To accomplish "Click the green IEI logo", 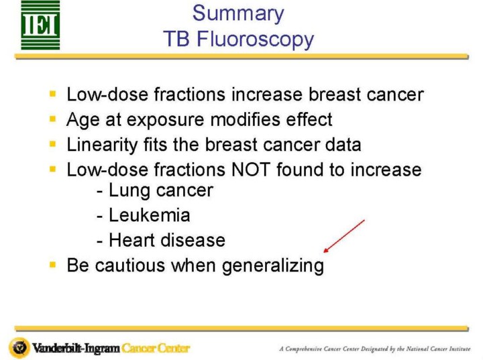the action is point(40,25).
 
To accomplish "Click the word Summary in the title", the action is point(238,14).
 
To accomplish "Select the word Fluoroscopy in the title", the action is point(255,40).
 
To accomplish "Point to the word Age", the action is point(83,120).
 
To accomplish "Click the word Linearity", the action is point(102,145).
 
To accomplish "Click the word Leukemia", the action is point(150,215).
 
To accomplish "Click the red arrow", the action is point(344,236).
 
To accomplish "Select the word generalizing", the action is point(273,265).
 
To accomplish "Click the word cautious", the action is point(129,265).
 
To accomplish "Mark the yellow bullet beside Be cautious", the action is point(53,265).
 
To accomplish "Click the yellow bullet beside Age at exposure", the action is point(53,119).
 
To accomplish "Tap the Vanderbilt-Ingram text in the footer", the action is point(76,349).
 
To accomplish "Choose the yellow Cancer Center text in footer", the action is point(156,349).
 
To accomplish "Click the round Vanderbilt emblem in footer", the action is point(19,348).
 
